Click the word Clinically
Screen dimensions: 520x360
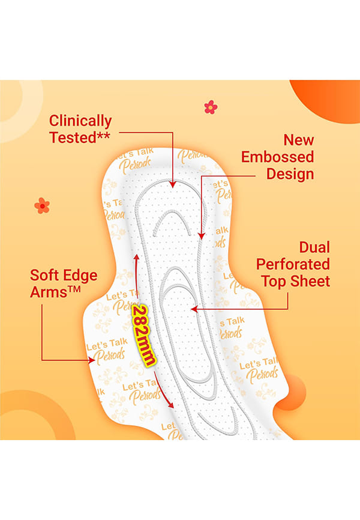pos(80,121)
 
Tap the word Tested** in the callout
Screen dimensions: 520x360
pos(80,137)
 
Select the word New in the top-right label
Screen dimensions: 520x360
pos(299,140)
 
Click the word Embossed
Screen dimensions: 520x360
pos(277,157)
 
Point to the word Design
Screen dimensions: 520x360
pos(290,174)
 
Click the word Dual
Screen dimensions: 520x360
pos(314,247)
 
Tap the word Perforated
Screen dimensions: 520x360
pos(293,264)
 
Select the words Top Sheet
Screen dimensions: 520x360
pos(295,281)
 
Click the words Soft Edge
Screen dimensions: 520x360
pos(64,276)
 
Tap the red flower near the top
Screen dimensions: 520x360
pos(211,107)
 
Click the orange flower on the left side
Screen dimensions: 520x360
pos(42,205)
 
